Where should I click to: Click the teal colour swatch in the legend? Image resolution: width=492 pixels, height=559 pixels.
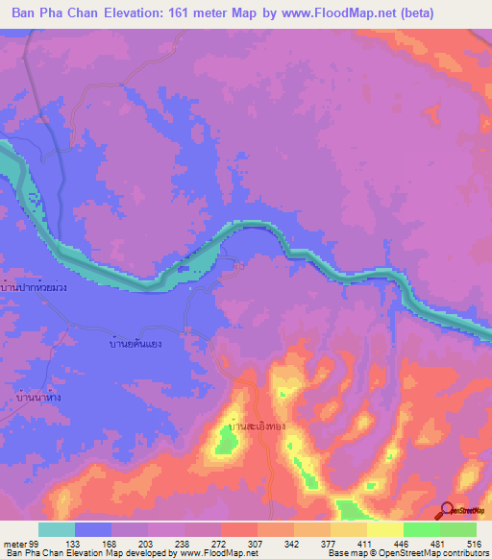(x=57, y=529)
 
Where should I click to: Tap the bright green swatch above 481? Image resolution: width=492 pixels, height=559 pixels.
(x=421, y=529)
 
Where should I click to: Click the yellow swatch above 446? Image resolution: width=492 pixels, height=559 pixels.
(x=384, y=529)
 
